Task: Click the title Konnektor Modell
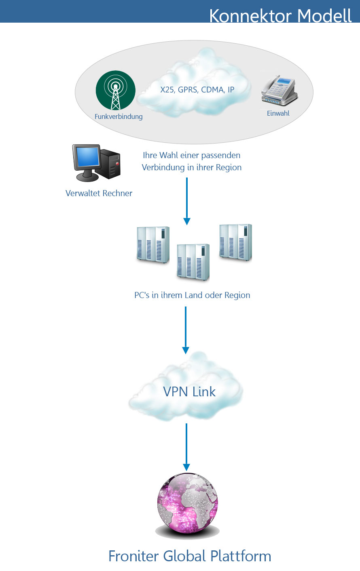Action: tap(280, 15)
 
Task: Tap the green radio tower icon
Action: tap(116, 91)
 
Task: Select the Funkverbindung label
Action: tap(119, 116)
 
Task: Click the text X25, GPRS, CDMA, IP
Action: tap(197, 90)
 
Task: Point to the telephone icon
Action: tap(280, 91)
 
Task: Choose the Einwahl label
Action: tap(278, 113)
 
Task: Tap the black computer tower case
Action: tap(110, 165)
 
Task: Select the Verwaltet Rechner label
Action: tap(99, 193)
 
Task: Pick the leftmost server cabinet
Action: tap(153, 245)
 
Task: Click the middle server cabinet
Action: tap(193, 262)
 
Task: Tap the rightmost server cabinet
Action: tap(235, 242)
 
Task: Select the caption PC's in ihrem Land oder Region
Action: tap(192, 295)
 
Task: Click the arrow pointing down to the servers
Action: tap(187, 201)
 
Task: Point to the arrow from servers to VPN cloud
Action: tap(186, 330)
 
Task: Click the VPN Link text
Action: tap(189, 391)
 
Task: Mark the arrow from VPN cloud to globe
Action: tap(186, 447)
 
